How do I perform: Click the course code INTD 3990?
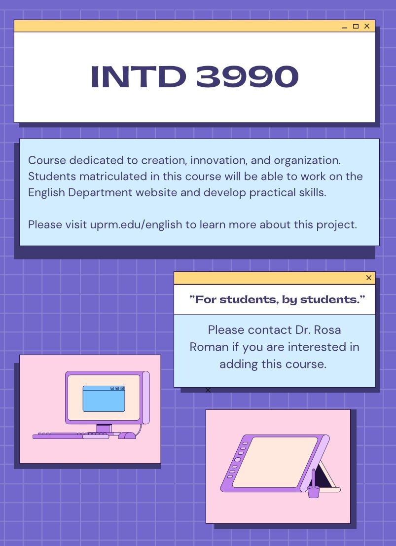tap(195, 76)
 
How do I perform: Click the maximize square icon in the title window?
tap(356, 26)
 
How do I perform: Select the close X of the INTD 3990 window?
tap(367, 26)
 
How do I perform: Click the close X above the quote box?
tap(369, 278)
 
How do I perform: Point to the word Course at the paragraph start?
tap(47, 160)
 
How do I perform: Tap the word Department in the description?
tap(100, 192)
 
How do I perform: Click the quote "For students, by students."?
tap(277, 299)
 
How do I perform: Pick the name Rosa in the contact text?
tap(327, 330)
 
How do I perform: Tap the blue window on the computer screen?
tap(104, 399)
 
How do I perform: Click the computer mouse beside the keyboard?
tap(127, 435)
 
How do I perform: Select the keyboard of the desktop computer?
tap(71, 436)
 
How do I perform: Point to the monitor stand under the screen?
tap(104, 428)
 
